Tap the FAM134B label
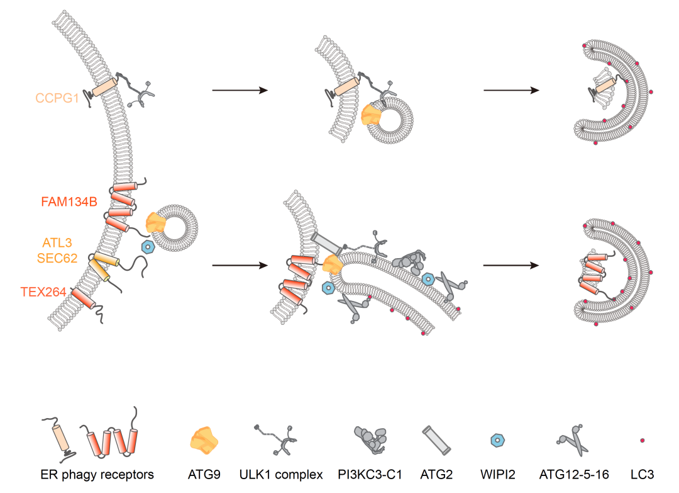(x=69, y=202)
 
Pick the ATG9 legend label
(x=204, y=474)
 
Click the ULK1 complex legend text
(x=281, y=474)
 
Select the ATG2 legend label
(x=436, y=474)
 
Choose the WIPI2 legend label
(x=498, y=474)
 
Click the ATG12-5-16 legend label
(x=572, y=474)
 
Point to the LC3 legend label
(x=642, y=474)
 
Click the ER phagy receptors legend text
(x=97, y=474)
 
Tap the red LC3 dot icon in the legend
(x=643, y=440)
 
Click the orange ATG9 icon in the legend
(x=205, y=439)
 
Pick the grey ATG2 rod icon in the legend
(x=436, y=439)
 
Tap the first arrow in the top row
(x=240, y=91)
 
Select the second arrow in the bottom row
(x=511, y=266)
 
